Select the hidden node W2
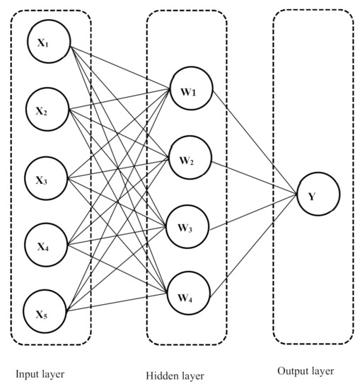pyautogui.click(x=187, y=161)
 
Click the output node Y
pyautogui.click(x=318, y=194)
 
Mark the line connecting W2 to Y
pyautogui.click(x=251, y=177)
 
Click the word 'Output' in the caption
pyautogui.click(x=293, y=371)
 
